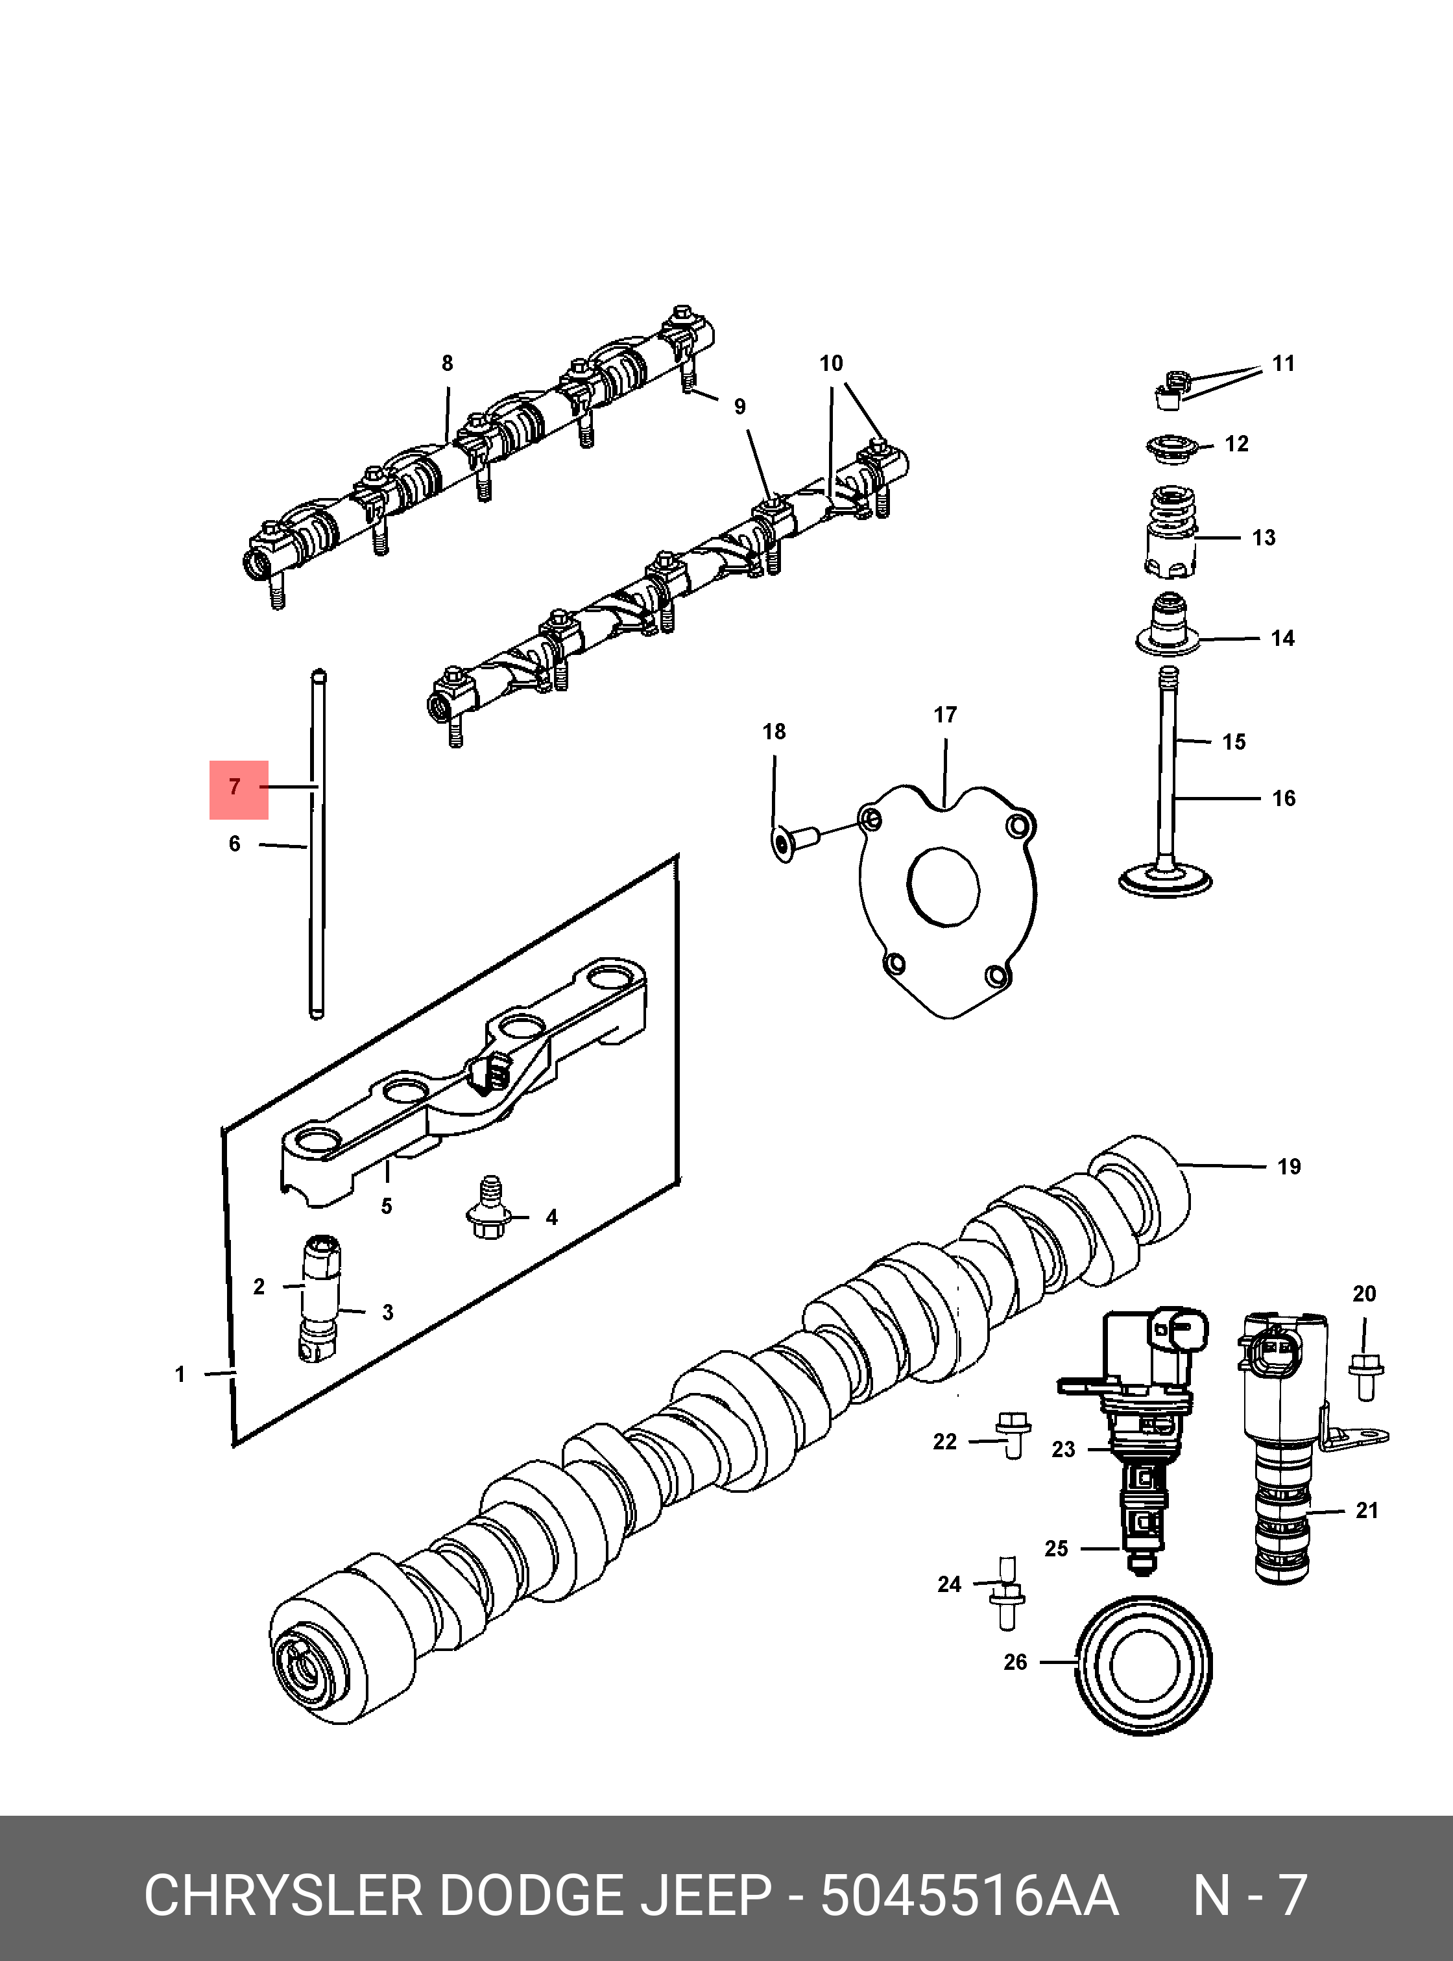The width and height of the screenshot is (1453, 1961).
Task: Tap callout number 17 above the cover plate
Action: coord(944,715)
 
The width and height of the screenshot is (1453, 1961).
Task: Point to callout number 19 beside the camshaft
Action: coord(1288,1167)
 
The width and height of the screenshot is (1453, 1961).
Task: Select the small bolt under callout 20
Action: coord(1365,1376)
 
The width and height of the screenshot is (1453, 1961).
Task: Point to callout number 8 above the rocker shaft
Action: coord(447,363)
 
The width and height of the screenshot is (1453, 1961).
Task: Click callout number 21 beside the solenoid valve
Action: coord(1366,1510)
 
